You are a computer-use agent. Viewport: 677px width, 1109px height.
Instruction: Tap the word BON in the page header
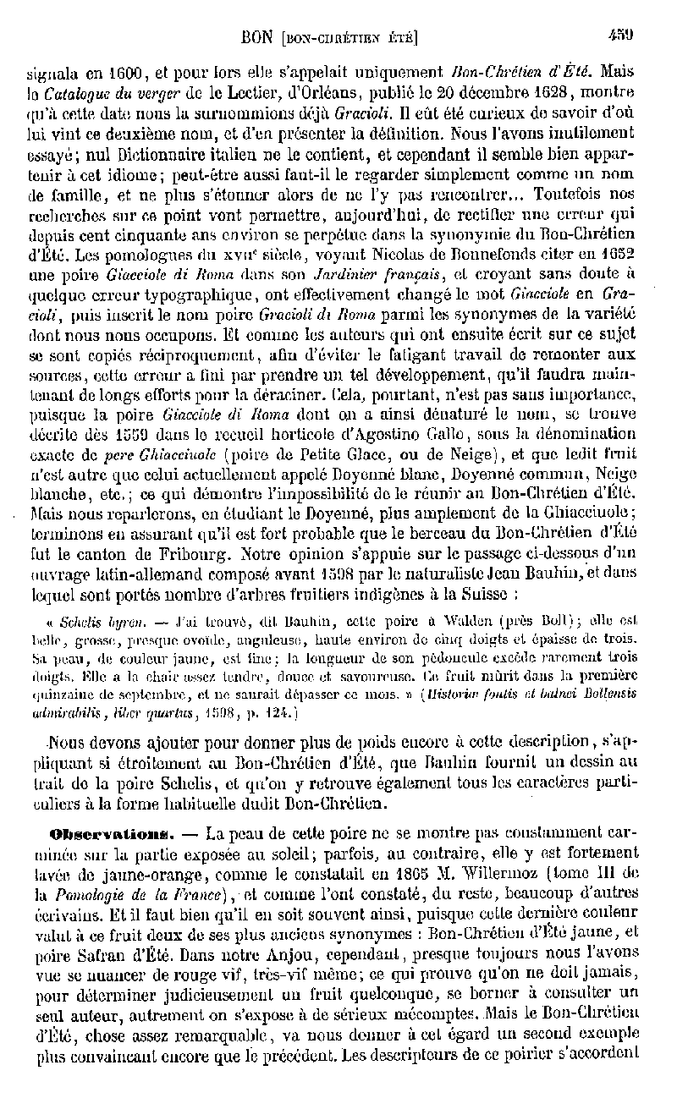tap(256, 36)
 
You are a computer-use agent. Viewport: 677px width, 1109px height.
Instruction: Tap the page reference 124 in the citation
tap(280, 714)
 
